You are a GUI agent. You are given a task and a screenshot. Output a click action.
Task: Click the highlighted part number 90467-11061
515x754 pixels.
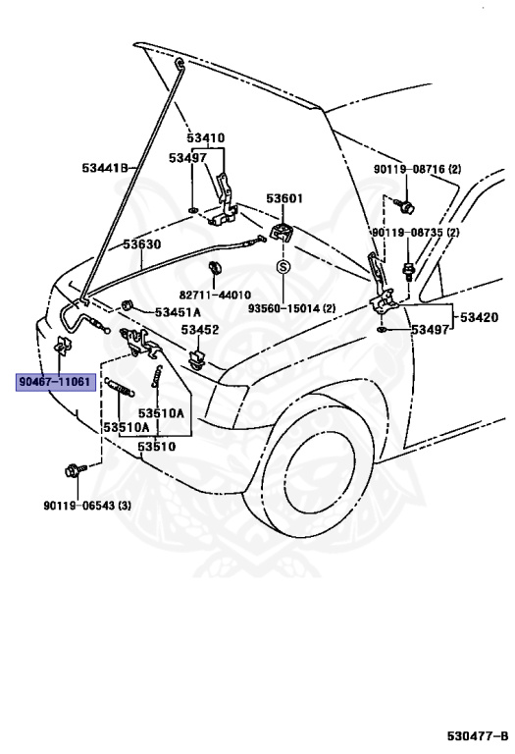[x=55, y=381]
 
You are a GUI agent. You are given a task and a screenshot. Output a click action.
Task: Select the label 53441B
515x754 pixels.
[x=106, y=168]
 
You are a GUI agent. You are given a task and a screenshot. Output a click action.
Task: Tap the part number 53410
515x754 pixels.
[x=207, y=138]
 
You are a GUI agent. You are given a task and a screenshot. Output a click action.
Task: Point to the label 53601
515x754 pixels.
[x=285, y=199]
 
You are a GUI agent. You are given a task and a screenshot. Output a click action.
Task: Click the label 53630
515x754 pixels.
[x=141, y=243]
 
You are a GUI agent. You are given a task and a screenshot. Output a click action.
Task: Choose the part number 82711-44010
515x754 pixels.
[x=214, y=295]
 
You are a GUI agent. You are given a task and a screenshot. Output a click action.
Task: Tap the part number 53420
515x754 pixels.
[x=480, y=317]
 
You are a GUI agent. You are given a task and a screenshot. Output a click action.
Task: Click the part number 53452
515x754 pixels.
[x=199, y=330]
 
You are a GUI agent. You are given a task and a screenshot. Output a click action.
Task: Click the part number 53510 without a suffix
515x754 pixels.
[x=156, y=447]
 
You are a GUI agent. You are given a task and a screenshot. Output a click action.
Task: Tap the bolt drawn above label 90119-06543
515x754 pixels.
[x=74, y=470]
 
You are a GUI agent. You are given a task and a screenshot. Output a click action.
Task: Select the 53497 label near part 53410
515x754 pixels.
[x=187, y=157]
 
